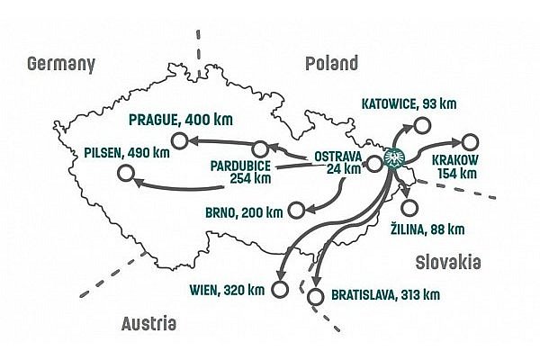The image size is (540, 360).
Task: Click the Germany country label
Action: click(62, 64)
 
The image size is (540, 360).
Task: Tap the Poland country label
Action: click(331, 63)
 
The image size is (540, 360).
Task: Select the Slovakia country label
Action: click(448, 262)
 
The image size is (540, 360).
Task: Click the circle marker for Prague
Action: click(179, 139)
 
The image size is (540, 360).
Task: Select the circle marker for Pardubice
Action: click(261, 148)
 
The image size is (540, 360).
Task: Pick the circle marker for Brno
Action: click(295, 212)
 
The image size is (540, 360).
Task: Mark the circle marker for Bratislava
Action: click(314, 296)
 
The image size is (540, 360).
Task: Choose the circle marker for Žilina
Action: click(410, 208)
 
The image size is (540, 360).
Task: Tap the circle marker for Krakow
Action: click(469, 141)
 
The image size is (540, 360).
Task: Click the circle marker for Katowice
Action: click(423, 126)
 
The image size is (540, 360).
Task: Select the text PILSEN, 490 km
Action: click(125, 152)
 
